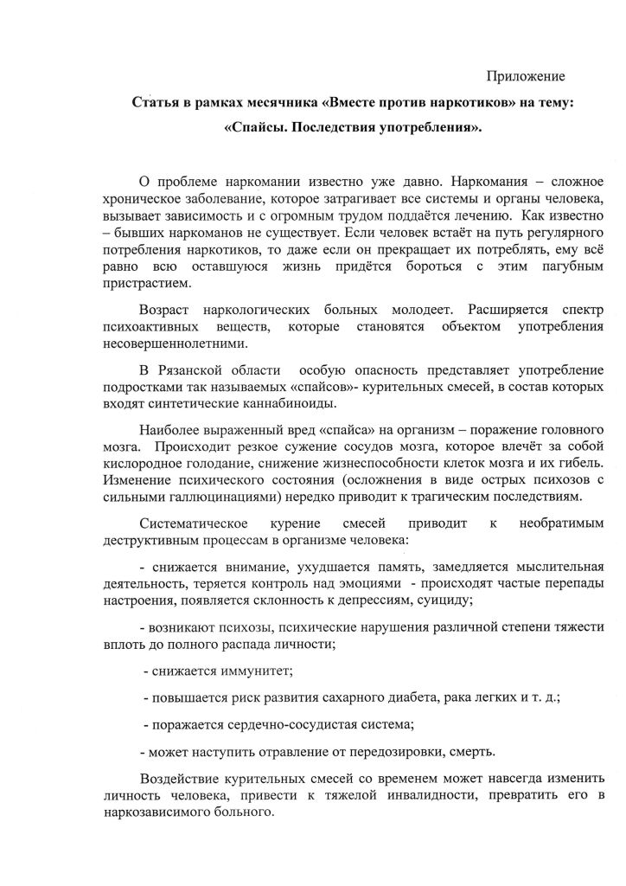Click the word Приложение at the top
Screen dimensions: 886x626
[x=526, y=75]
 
